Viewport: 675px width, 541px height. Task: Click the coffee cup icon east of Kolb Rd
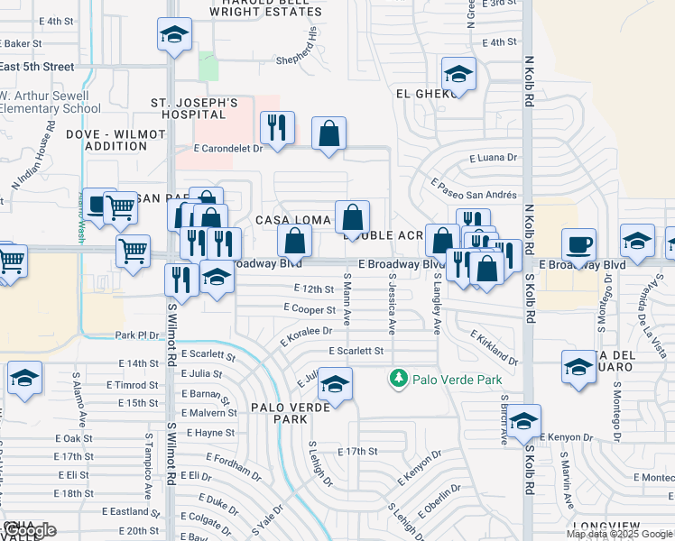578,244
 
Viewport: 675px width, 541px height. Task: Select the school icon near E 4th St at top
174,34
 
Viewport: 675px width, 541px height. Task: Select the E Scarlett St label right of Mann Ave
356,351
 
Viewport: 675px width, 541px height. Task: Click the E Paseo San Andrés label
474,190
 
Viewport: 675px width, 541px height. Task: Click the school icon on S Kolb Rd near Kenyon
523,420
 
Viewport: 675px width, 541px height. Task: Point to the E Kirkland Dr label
495,347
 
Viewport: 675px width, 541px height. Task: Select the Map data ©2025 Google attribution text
620,534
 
